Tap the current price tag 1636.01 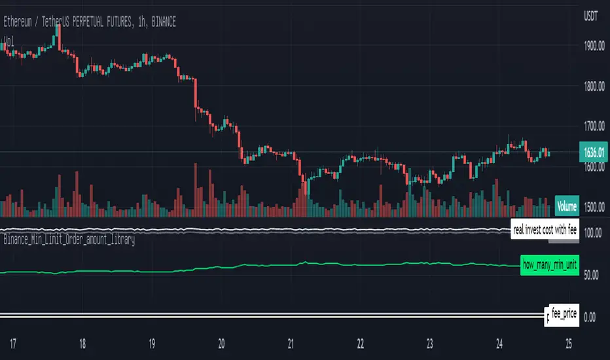(x=594, y=153)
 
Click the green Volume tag (x=566, y=206)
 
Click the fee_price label (x=564, y=314)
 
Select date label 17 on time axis (x=12, y=342)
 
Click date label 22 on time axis (x=361, y=342)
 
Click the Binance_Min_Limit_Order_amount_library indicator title (x=68, y=240)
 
